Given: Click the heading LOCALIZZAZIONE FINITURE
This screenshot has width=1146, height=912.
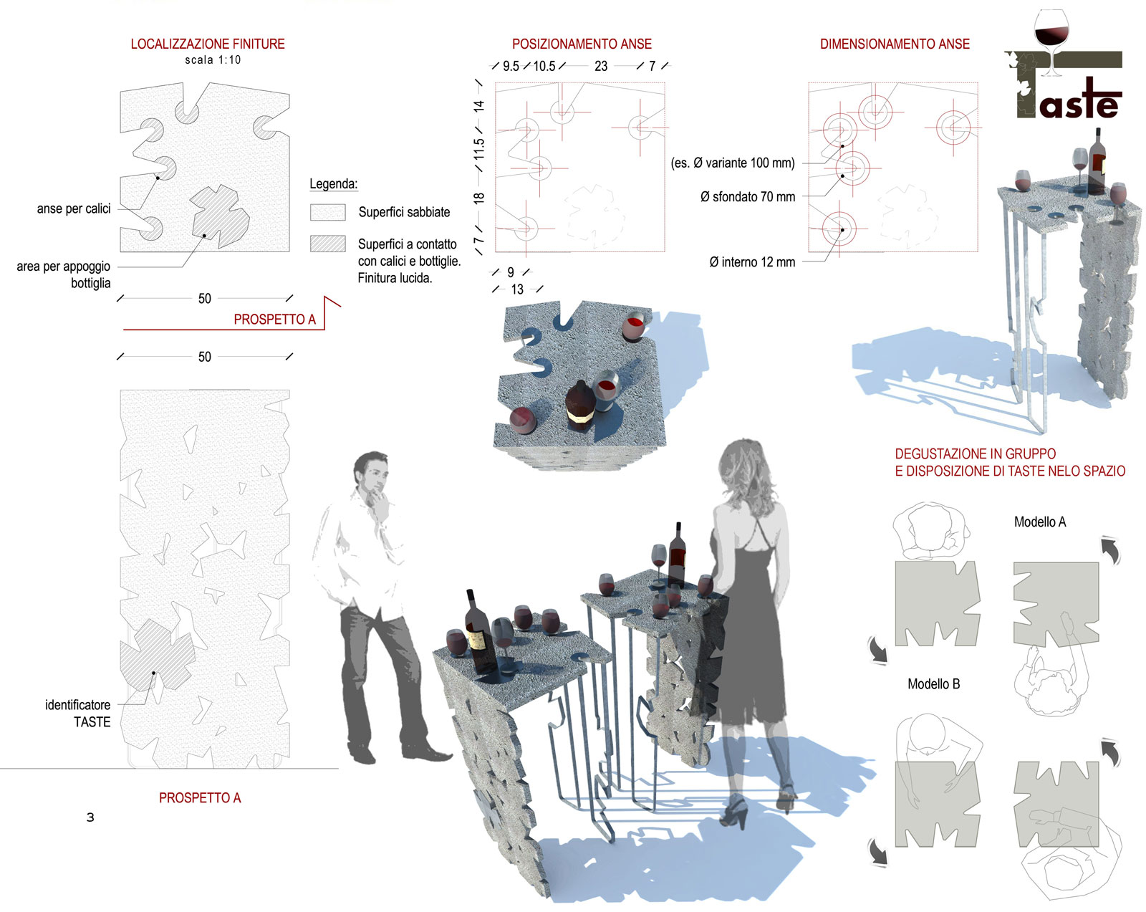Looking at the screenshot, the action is (x=208, y=44).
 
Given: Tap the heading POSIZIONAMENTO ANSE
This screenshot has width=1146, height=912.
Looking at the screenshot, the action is (x=582, y=44).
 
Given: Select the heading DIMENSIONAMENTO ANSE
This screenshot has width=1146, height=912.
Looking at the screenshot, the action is (x=895, y=44).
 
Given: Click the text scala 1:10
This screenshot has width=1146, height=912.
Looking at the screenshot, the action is (x=213, y=59).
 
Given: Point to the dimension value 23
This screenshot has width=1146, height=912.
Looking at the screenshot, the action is (x=601, y=66).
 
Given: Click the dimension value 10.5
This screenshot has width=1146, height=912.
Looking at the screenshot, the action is (x=544, y=66).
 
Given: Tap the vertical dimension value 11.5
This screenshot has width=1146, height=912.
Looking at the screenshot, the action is (x=478, y=149).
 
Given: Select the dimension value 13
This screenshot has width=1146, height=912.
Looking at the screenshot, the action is (x=517, y=289).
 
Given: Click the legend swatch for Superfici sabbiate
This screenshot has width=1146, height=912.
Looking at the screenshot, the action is (x=327, y=212).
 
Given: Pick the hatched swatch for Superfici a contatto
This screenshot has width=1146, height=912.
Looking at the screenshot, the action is (x=327, y=244).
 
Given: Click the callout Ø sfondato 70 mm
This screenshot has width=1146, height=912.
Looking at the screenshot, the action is (x=748, y=196).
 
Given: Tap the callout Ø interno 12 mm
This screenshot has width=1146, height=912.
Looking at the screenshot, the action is (x=752, y=262).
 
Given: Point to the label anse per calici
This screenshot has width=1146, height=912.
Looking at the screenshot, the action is (x=74, y=208).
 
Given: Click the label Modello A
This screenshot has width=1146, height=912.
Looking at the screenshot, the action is (x=1039, y=522).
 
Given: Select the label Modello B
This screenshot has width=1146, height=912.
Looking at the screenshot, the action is (x=933, y=684).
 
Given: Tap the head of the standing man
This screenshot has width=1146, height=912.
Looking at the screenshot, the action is (x=371, y=474).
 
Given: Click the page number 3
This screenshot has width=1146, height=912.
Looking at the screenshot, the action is (x=90, y=817).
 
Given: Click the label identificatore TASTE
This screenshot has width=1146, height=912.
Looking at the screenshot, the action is (x=78, y=714).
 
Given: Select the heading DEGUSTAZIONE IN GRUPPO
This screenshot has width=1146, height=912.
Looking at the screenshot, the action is (x=975, y=454).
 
